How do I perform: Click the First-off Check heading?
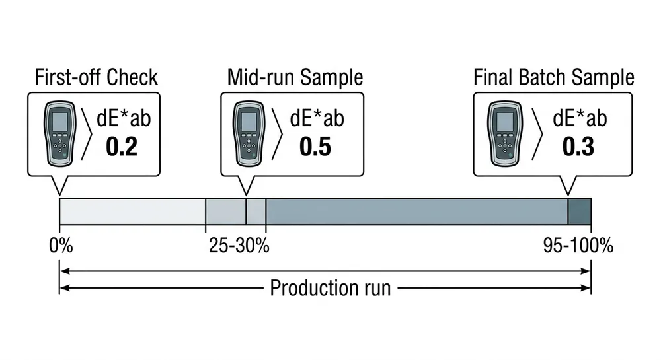pyautogui.click(x=97, y=77)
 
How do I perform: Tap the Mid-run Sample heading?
pyautogui.click(x=295, y=77)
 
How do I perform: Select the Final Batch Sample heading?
pyautogui.click(x=554, y=77)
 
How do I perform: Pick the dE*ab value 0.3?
pyautogui.click(x=578, y=147)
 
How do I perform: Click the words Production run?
pyautogui.click(x=330, y=289)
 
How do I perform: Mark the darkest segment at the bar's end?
pyautogui.click(x=579, y=211)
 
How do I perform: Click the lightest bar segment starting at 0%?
pyautogui.click(x=132, y=211)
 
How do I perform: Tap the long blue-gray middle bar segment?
pyautogui.click(x=416, y=211)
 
